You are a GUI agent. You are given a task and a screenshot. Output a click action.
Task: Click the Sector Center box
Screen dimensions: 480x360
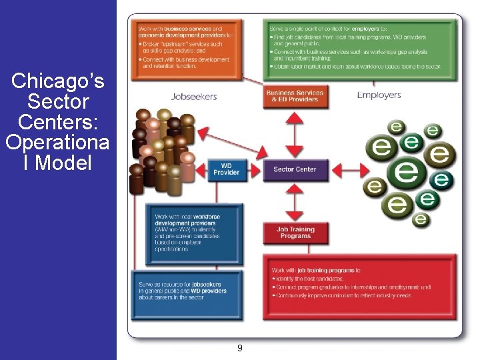coord(295,169)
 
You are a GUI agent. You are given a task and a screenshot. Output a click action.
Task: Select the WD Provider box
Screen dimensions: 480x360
coord(227,169)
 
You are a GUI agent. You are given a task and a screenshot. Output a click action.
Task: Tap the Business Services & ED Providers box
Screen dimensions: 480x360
coord(295,96)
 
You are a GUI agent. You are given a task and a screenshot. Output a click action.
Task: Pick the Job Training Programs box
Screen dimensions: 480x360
coord(295,233)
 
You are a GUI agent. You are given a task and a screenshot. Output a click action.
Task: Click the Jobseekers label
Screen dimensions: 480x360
coord(194,96)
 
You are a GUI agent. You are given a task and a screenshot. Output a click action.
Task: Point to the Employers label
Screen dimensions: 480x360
coord(379,95)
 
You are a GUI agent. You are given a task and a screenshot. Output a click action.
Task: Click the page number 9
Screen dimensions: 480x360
coord(239,347)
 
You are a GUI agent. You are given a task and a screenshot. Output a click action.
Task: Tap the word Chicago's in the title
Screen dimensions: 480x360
coord(58,82)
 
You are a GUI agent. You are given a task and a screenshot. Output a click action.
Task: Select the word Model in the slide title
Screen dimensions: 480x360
coord(63,162)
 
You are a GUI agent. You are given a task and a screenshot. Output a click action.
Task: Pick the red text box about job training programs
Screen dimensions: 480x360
coord(360,286)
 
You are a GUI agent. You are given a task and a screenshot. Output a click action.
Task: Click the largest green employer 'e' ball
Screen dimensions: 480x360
coord(407,171)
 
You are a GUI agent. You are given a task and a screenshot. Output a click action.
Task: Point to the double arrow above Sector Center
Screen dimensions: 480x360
coord(295,134)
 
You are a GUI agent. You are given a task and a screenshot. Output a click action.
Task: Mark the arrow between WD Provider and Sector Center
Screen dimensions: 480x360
coord(253,169)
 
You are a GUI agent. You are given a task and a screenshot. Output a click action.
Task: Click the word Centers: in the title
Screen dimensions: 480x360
coord(58,122)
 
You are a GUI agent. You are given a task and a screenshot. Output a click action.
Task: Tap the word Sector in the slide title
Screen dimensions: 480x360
coord(58,102)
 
